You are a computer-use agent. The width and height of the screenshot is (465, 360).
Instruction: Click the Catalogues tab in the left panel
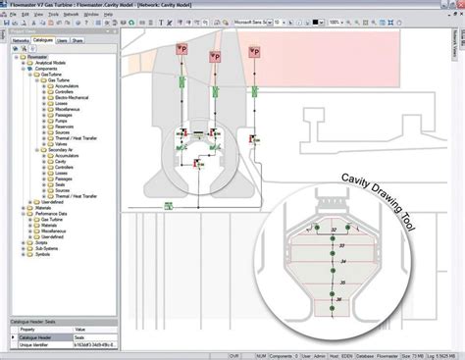tap(42, 40)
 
